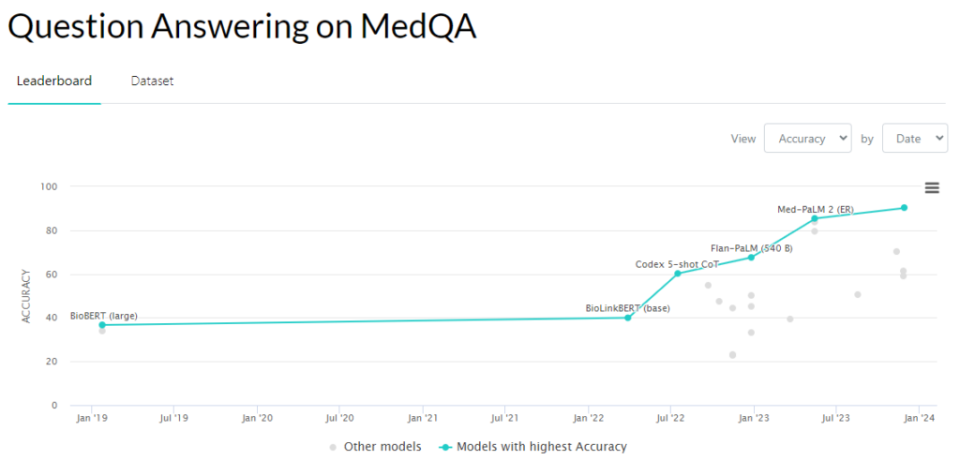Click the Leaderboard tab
pyautogui.click(x=54, y=81)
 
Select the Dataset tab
pyautogui.click(x=152, y=81)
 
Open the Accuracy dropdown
pyautogui.click(x=807, y=138)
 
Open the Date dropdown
pyautogui.click(x=914, y=138)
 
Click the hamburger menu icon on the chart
pyautogui.click(x=932, y=187)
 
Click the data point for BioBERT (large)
pyautogui.click(x=102, y=325)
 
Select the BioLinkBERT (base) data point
pyautogui.click(x=628, y=318)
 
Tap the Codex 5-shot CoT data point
pyautogui.click(x=677, y=273)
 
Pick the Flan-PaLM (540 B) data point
pyautogui.click(x=751, y=257)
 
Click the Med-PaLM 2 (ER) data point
pyautogui.click(x=815, y=218)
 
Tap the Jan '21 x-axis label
pyautogui.click(x=423, y=418)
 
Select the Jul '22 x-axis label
pyautogui.click(x=670, y=418)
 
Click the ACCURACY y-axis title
pyautogui.click(x=27, y=296)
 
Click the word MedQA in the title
pyautogui.click(x=418, y=27)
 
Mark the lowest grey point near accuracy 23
pyautogui.click(x=732, y=355)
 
